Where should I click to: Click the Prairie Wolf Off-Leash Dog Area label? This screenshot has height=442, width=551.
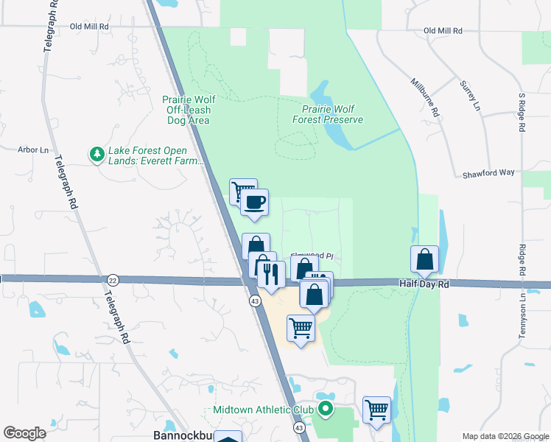click(x=186, y=110)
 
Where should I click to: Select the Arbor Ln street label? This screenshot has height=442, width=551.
click(x=32, y=150)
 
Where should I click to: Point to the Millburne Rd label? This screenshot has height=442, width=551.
click(x=425, y=99)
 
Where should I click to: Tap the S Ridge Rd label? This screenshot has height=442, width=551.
click(x=522, y=113)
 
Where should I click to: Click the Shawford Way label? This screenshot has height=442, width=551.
click(x=488, y=175)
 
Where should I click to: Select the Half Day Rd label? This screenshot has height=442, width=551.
click(x=424, y=284)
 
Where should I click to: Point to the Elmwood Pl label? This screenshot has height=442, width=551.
click(x=312, y=257)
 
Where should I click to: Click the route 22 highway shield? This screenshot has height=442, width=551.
click(x=112, y=280)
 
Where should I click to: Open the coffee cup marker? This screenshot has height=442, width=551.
click(x=255, y=202)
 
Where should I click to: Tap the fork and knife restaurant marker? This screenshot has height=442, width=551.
click(x=271, y=274)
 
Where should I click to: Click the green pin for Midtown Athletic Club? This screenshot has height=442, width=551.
click(x=325, y=409)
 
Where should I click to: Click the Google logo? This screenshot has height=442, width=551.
click(x=24, y=433)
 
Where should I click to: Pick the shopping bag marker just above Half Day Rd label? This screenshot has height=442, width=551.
click(x=425, y=259)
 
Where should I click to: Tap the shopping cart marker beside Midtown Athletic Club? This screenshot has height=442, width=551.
click(x=377, y=409)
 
